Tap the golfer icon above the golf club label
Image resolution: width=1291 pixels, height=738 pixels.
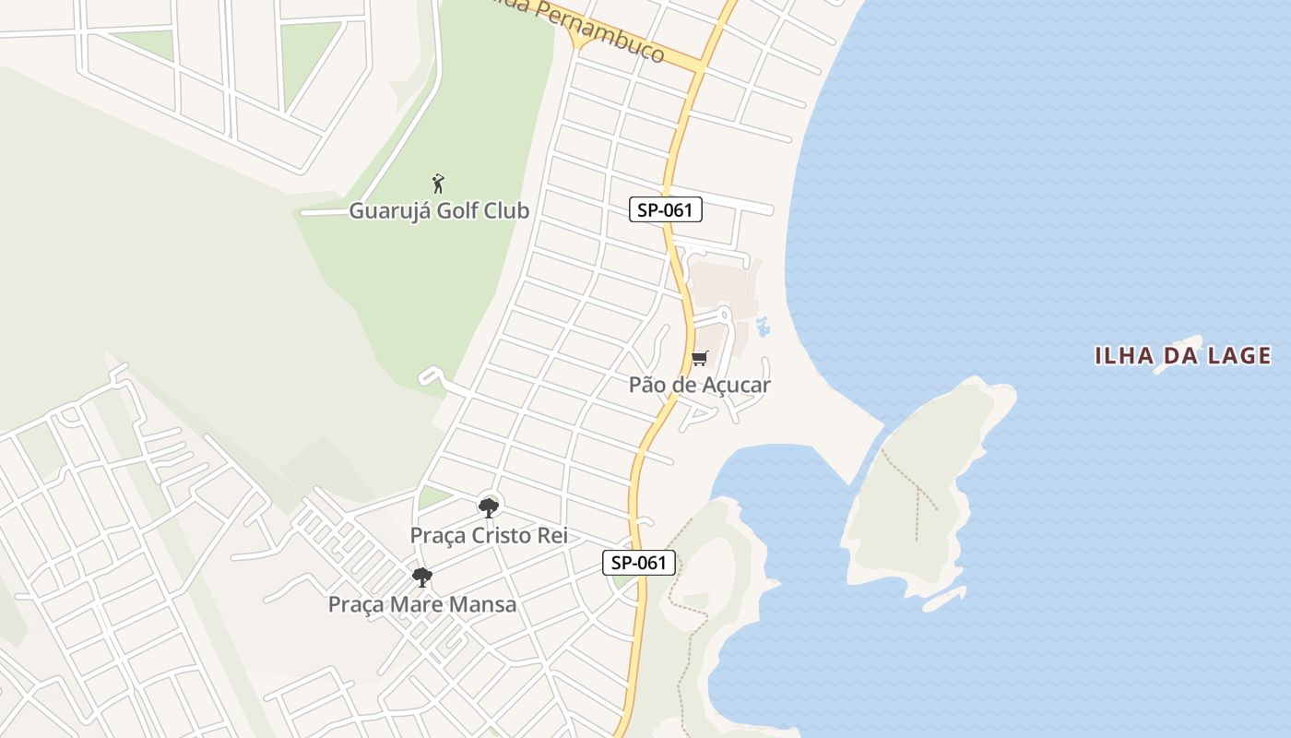[x=438, y=183]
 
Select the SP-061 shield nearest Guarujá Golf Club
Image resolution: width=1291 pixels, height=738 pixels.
[x=666, y=209]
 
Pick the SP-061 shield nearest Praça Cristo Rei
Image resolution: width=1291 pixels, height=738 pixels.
[x=639, y=562]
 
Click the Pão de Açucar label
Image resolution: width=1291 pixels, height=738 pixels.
[x=699, y=385]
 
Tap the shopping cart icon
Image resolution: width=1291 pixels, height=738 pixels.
[x=700, y=358]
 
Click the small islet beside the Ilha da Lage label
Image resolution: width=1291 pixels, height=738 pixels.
[x=1178, y=353]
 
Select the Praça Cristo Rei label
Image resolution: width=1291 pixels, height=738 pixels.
[x=488, y=535]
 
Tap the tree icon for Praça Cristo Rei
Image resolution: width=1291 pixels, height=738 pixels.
[x=488, y=506]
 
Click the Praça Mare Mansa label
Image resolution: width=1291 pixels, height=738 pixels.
[x=422, y=604]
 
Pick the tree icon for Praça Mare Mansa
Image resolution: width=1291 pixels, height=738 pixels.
[x=422, y=577]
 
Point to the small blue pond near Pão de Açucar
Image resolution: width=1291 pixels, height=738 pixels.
[x=763, y=326]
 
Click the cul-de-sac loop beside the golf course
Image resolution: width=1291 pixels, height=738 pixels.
[x=429, y=375]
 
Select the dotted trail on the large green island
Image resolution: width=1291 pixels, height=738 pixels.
[x=915, y=489]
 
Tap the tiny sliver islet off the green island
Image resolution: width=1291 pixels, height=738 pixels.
[x=943, y=600]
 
